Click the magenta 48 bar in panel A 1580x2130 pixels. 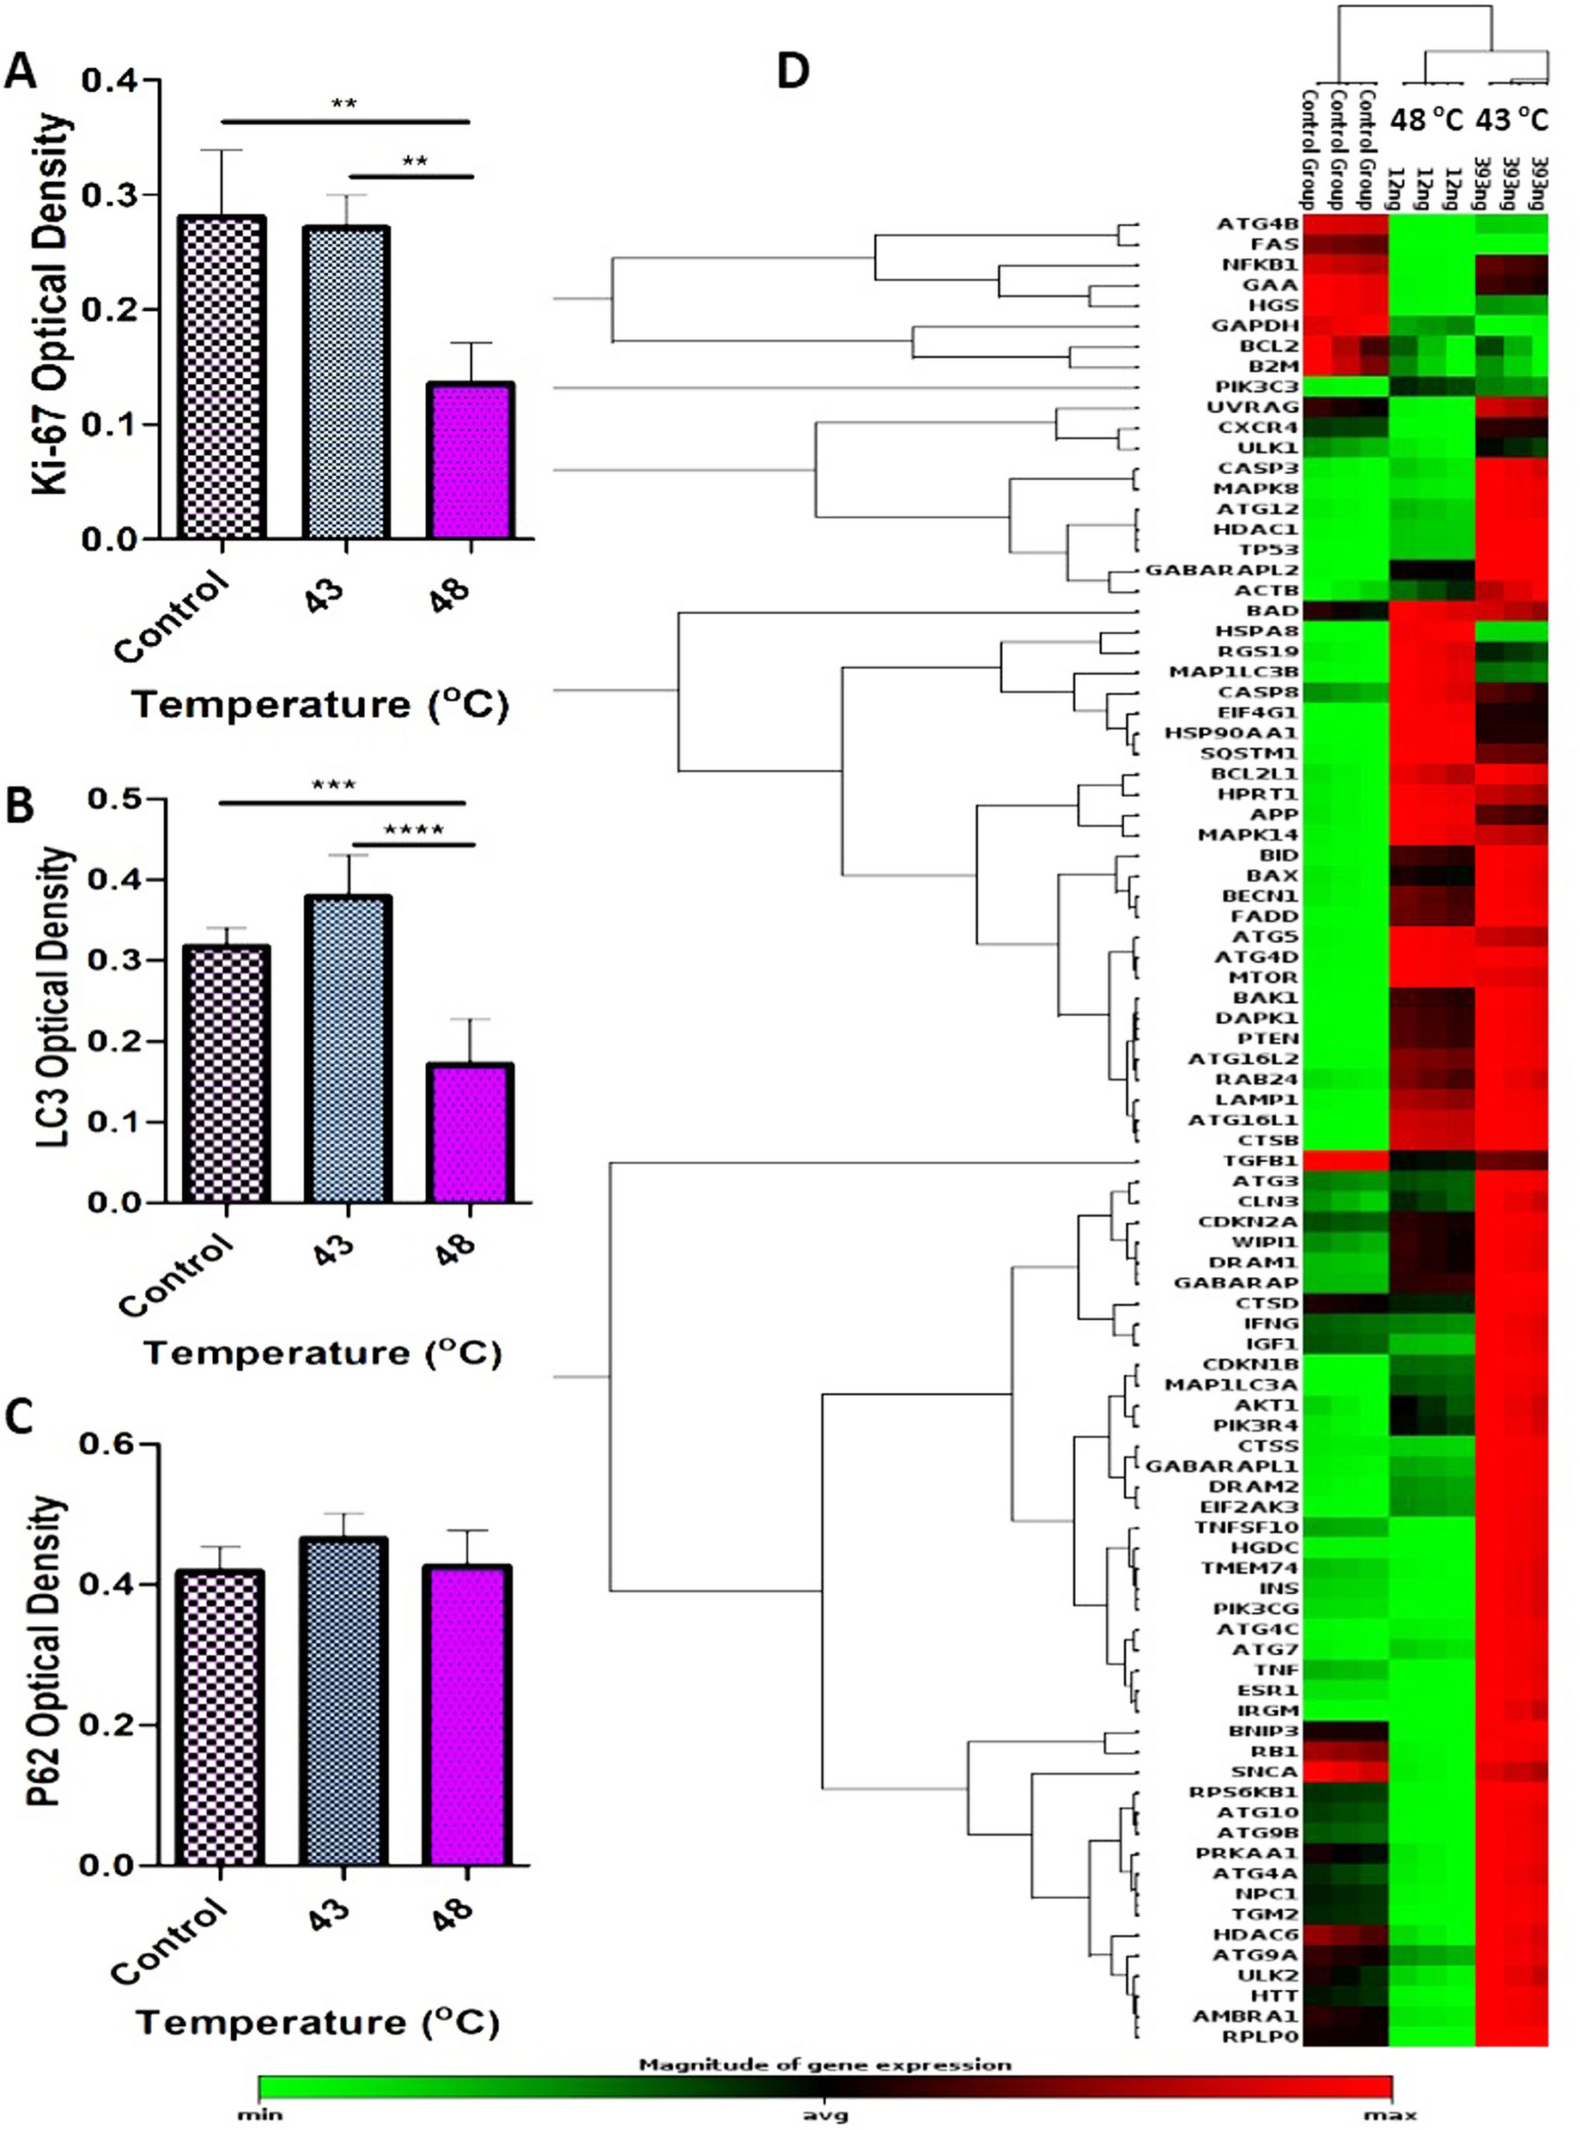coord(471,461)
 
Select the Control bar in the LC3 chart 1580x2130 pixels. coord(226,1074)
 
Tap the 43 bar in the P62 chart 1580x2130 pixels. coord(345,1701)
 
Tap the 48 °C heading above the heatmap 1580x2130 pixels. coord(1427,119)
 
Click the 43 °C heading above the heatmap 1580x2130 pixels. coord(1511,119)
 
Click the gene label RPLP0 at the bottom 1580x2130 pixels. coord(1261,2036)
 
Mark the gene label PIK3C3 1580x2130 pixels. coord(1257,386)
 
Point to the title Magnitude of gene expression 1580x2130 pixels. coord(824,2065)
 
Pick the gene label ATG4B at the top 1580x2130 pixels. coord(1258,224)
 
